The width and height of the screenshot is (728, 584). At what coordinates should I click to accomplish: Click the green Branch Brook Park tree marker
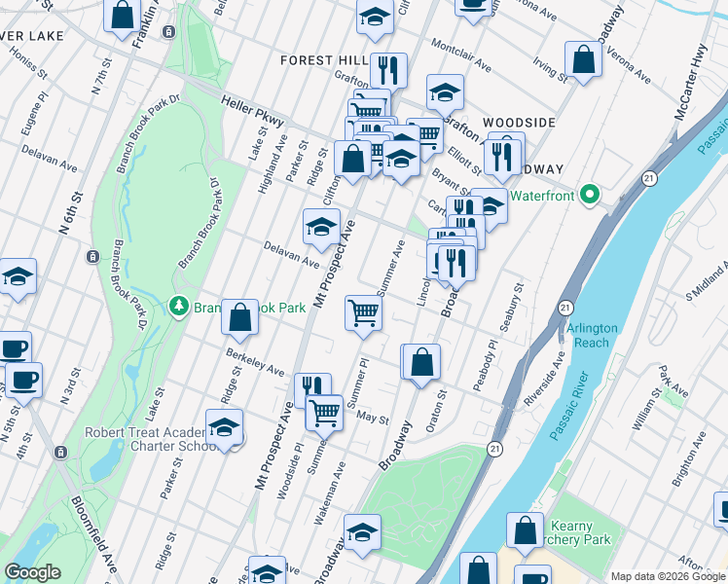click(178, 307)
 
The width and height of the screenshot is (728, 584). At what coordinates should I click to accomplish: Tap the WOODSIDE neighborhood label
click(520, 123)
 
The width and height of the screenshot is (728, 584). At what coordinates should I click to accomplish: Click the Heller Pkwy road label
click(252, 112)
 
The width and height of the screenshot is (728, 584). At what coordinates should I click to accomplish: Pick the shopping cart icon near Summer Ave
click(364, 313)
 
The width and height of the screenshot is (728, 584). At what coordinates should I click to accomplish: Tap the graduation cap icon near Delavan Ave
click(321, 228)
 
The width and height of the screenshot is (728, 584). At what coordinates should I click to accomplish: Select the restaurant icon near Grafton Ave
click(388, 70)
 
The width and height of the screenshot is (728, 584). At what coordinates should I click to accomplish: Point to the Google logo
click(33, 572)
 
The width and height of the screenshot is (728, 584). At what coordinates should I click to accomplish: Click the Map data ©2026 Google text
click(667, 576)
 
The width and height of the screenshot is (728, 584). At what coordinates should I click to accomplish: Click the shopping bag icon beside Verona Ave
click(582, 59)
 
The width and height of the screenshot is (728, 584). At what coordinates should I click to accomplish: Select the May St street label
click(373, 420)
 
